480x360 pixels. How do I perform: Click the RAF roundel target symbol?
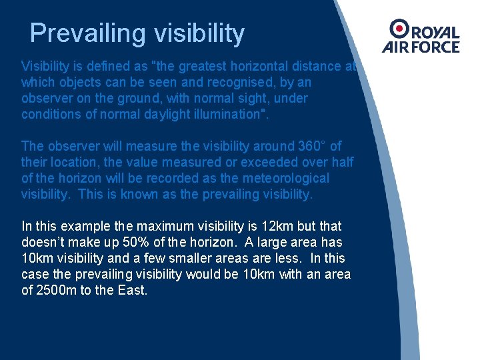tap(399, 28)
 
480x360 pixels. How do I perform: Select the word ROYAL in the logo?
tap(435, 33)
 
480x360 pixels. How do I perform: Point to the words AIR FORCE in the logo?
tap(421, 47)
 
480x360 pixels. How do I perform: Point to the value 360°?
tap(312, 146)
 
